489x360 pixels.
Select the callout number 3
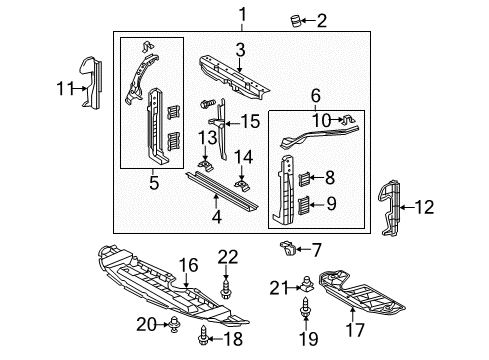pyautogui.click(x=240, y=50)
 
